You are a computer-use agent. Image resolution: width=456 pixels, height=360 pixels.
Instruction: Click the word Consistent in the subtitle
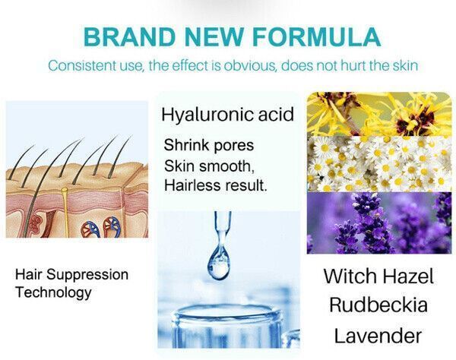(82, 65)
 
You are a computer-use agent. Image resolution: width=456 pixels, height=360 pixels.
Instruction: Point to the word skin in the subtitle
(405, 65)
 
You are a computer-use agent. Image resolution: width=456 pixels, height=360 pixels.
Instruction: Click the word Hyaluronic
(204, 115)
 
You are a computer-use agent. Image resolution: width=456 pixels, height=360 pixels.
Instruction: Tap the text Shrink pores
(209, 145)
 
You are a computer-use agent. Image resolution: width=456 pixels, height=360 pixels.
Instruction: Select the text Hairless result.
(215, 185)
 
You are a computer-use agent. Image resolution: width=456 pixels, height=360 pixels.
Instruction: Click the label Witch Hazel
(378, 276)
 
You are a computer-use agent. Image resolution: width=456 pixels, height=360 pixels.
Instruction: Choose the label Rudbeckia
(378, 305)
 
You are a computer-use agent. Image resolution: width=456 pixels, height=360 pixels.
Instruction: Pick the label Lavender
(378, 336)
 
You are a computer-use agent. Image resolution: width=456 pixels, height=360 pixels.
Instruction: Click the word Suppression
(87, 275)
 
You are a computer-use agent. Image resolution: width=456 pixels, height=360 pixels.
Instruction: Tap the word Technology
(53, 292)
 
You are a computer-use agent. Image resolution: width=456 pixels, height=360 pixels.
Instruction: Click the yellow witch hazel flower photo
(379, 114)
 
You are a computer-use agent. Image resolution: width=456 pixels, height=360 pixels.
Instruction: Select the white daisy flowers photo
(379, 164)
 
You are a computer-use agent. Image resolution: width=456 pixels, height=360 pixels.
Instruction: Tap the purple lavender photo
(379, 223)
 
